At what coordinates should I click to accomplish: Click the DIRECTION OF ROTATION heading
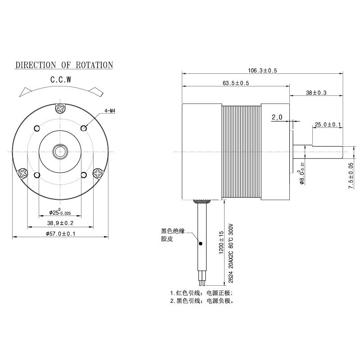point(64,65)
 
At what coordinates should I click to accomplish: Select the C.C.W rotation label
point(61,80)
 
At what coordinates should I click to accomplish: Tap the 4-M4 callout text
point(110,110)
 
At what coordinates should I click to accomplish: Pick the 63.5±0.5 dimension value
point(236,83)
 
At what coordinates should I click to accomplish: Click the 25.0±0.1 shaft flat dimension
point(328,124)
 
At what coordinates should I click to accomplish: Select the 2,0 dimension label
point(277,117)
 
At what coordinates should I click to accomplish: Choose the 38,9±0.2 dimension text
point(60,223)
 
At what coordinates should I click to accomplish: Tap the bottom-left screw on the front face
point(21,172)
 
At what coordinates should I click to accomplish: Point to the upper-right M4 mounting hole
point(83,128)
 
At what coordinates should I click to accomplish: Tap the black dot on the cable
point(200,243)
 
